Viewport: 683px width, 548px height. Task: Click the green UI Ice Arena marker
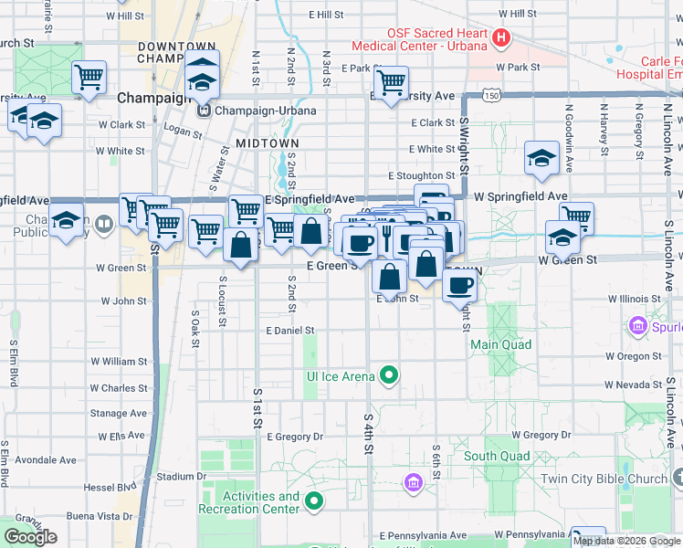(389, 374)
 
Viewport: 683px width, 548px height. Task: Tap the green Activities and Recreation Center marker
(315, 501)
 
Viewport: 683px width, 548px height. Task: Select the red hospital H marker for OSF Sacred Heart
(501, 38)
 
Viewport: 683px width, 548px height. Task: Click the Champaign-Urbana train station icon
(204, 111)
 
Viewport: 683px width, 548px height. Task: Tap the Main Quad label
(500, 344)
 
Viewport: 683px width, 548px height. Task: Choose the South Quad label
(496, 456)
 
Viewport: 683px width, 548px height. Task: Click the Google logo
(31, 537)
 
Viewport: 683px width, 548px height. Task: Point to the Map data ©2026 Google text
(625, 541)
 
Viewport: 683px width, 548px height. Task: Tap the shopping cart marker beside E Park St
(391, 82)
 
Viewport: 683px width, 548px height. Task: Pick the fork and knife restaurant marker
(386, 237)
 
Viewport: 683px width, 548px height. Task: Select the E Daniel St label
(290, 331)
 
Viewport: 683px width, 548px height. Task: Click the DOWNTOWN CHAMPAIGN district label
(175, 52)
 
